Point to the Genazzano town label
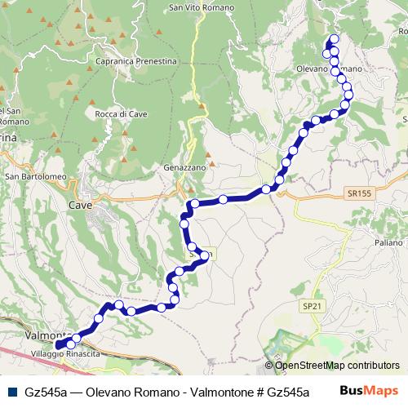(191, 166)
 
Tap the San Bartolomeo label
(35, 175)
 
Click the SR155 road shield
(357, 193)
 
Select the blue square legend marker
(13, 391)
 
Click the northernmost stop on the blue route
(334, 39)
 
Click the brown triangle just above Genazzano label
(211, 162)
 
